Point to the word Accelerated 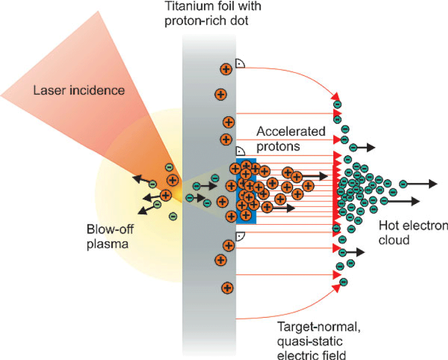coord(291,131)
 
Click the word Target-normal coord(308,327)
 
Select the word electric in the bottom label coord(295,354)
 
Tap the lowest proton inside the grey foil coord(227,287)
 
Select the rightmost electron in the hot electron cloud coord(403,184)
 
